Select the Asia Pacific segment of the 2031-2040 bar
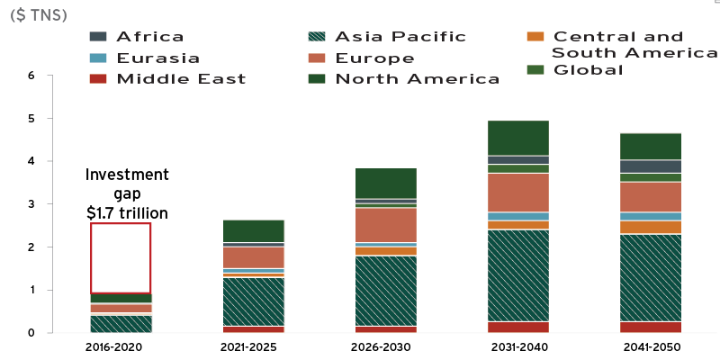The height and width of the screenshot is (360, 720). pos(517,275)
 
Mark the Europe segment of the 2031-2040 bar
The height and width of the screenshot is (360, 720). pos(517,192)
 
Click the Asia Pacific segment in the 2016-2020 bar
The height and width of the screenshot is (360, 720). pos(121,324)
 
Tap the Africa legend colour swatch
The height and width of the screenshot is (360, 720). pos(99,37)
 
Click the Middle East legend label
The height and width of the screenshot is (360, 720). pos(181,79)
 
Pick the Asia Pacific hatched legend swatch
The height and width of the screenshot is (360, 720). pos(318,37)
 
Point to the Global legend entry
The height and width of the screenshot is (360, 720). pos(589,70)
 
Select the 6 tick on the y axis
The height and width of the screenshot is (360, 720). pos(31,76)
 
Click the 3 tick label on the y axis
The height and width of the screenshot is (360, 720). pos(31,204)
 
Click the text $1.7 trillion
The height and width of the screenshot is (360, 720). pos(127,213)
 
